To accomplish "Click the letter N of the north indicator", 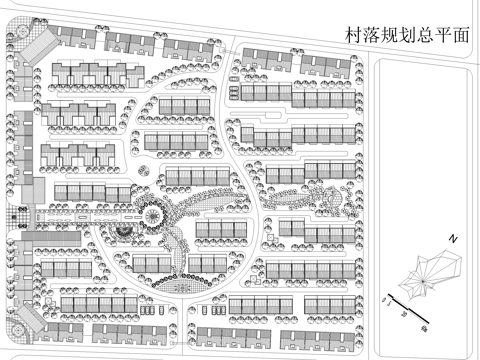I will (452, 240).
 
